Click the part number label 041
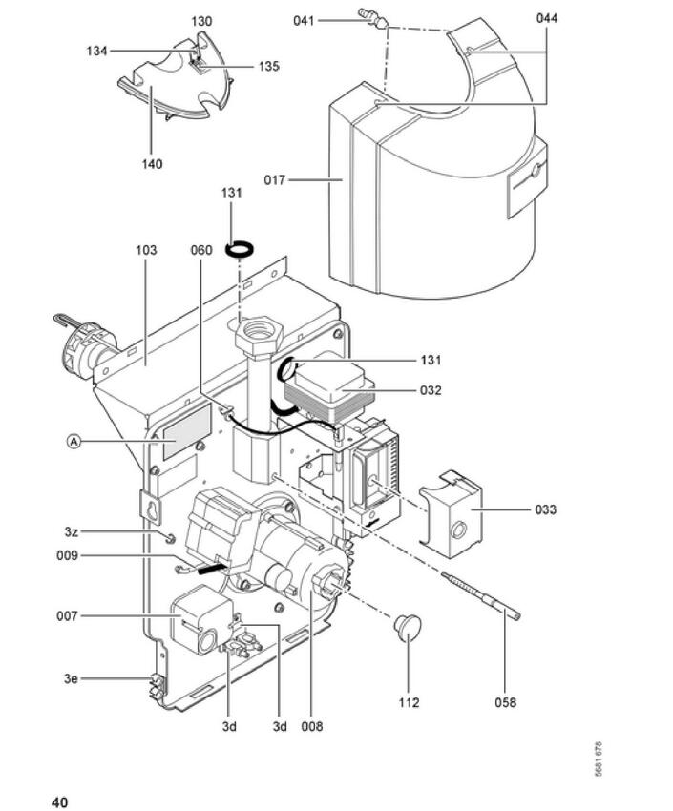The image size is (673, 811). (x=304, y=21)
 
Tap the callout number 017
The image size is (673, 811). (x=275, y=180)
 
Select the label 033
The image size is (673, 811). (x=546, y=509)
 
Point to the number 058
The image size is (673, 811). (x=505, y=702)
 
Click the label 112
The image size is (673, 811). (x=409, y=702)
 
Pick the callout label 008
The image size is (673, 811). (x=312, y=726)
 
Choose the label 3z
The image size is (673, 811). (x=72, y=531)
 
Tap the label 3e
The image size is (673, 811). (x=71, y=678)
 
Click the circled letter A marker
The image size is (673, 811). (x=74, y=441)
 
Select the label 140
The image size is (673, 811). (x=152, y=164)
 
